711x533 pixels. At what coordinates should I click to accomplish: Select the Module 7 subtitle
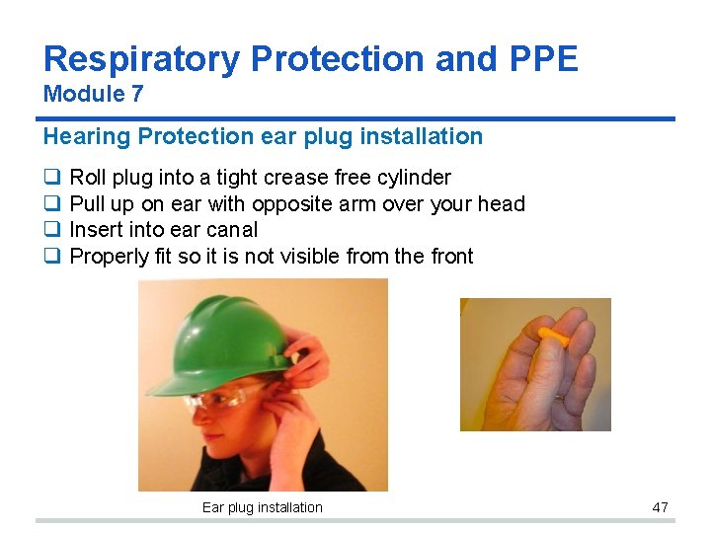pos(94,95)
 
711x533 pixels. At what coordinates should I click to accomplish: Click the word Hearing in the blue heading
pos(84,136)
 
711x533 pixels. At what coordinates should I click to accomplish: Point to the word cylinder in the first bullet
pos(414,178)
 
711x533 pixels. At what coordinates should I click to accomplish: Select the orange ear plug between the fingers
pos(552,338)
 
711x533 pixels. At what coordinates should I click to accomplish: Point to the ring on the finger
pos(559,395)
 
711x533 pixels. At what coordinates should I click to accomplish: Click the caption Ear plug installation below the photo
pos(262,507)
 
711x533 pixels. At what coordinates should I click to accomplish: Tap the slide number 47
pos(660,507)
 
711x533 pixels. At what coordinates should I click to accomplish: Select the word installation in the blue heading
pos(420,136)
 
